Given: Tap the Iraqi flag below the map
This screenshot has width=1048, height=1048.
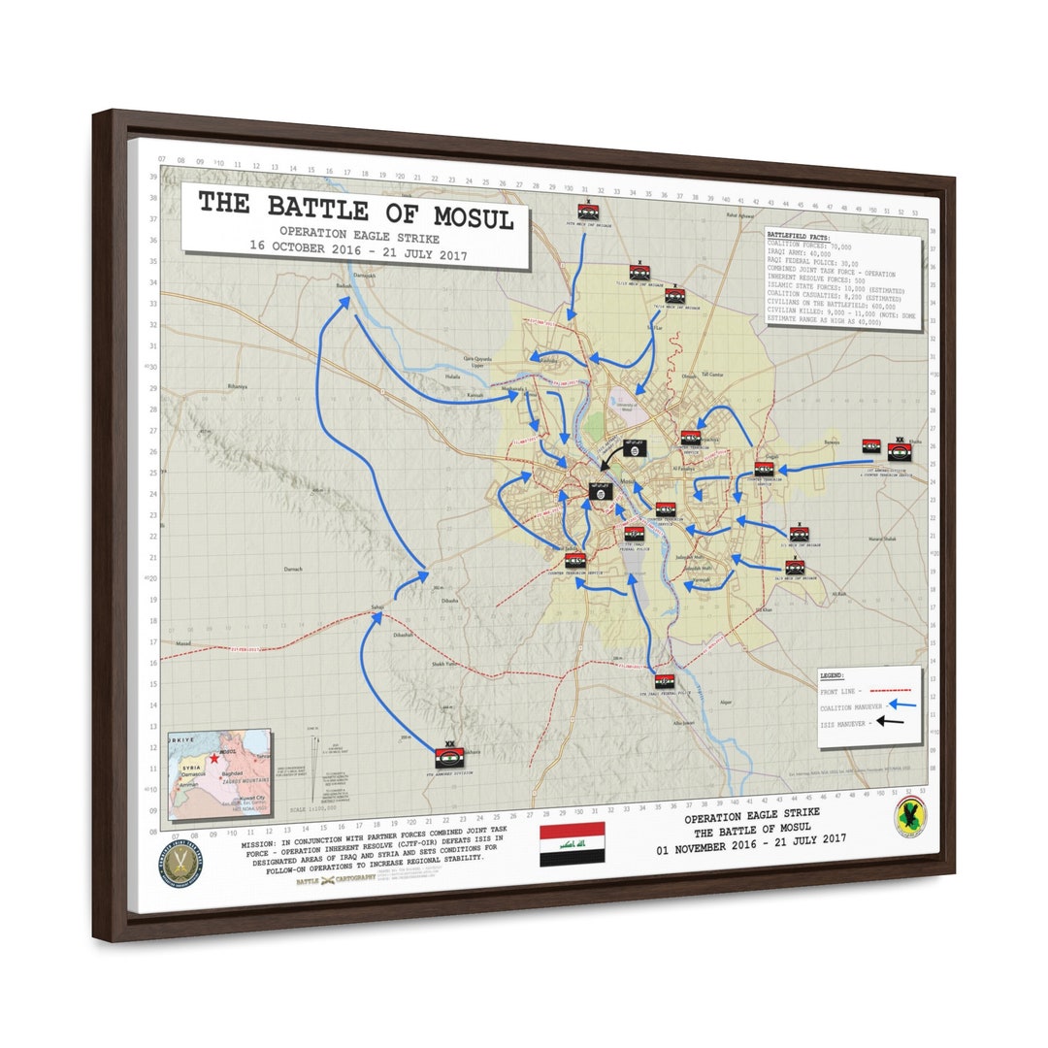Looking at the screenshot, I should click(x=572, y=843).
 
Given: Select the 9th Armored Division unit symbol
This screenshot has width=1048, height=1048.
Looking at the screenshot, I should click(x=448, y=757).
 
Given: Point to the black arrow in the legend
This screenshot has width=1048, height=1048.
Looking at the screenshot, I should click(x=891, y=722).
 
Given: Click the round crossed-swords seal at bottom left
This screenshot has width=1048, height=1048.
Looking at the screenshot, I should click(x=180, y=864).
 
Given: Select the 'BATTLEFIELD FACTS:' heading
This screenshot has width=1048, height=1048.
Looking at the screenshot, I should click(x=799, y=236).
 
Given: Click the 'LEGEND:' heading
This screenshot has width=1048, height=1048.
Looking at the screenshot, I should click(x=832, y=675).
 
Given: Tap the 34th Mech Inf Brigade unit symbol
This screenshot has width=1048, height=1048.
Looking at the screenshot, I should click(x=587, y=212).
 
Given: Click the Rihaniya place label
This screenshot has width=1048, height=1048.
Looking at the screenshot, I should click(x=239, y=386).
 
